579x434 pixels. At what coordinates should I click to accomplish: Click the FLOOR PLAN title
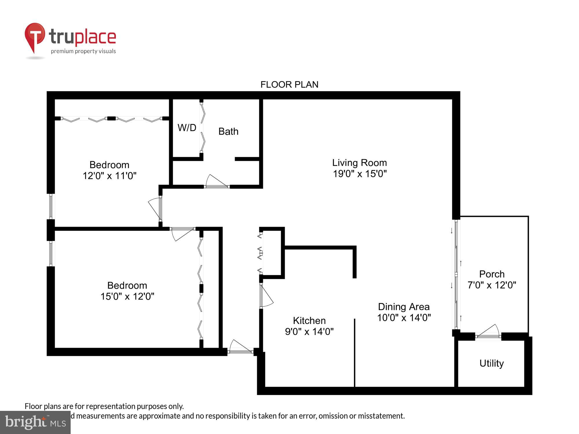click(289, 84)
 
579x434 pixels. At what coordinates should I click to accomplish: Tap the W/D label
click(187, 128)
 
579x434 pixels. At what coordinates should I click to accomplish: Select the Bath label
click(228, 131)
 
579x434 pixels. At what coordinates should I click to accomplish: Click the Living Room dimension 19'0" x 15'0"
click(360, 174)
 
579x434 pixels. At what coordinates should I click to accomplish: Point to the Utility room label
click(491, 363)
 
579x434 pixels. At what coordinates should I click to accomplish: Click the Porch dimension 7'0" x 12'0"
click(492, 285)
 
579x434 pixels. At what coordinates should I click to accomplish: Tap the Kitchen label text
click(309, 320)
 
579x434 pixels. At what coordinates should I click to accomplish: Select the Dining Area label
click(404, 307)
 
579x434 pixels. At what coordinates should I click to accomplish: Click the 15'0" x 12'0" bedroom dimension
click(127, 296)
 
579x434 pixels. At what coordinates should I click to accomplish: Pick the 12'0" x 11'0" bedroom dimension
click(109, 176)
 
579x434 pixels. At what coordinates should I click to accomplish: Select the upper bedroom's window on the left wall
click(51, 206)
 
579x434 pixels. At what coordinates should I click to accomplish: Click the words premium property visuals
click(83, 51)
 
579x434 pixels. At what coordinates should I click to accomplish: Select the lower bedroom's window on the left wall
click(51, 254)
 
